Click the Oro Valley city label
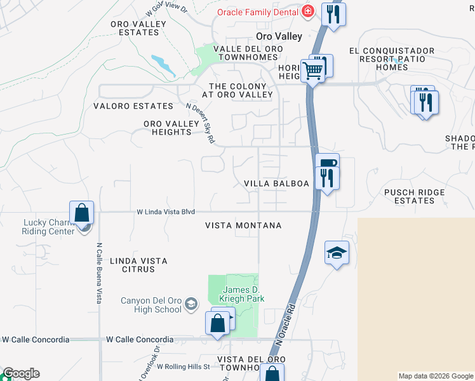(x=279, y=37)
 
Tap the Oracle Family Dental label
(x=257, y=11)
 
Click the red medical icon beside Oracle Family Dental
(x=307, y=11)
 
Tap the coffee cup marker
(x=327, y=164)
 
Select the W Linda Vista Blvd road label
(x=165, y=211)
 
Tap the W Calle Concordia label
(x=140, y=340)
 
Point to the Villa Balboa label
(x=277, y=184)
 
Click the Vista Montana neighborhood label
(x=243, y=225)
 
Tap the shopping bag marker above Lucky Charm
(x=82, y=213)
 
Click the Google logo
(x=20, y=373)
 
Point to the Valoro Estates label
(x=133, y=106)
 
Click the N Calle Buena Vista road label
(x=100, y=272)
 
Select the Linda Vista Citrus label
(x=138, y=265)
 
